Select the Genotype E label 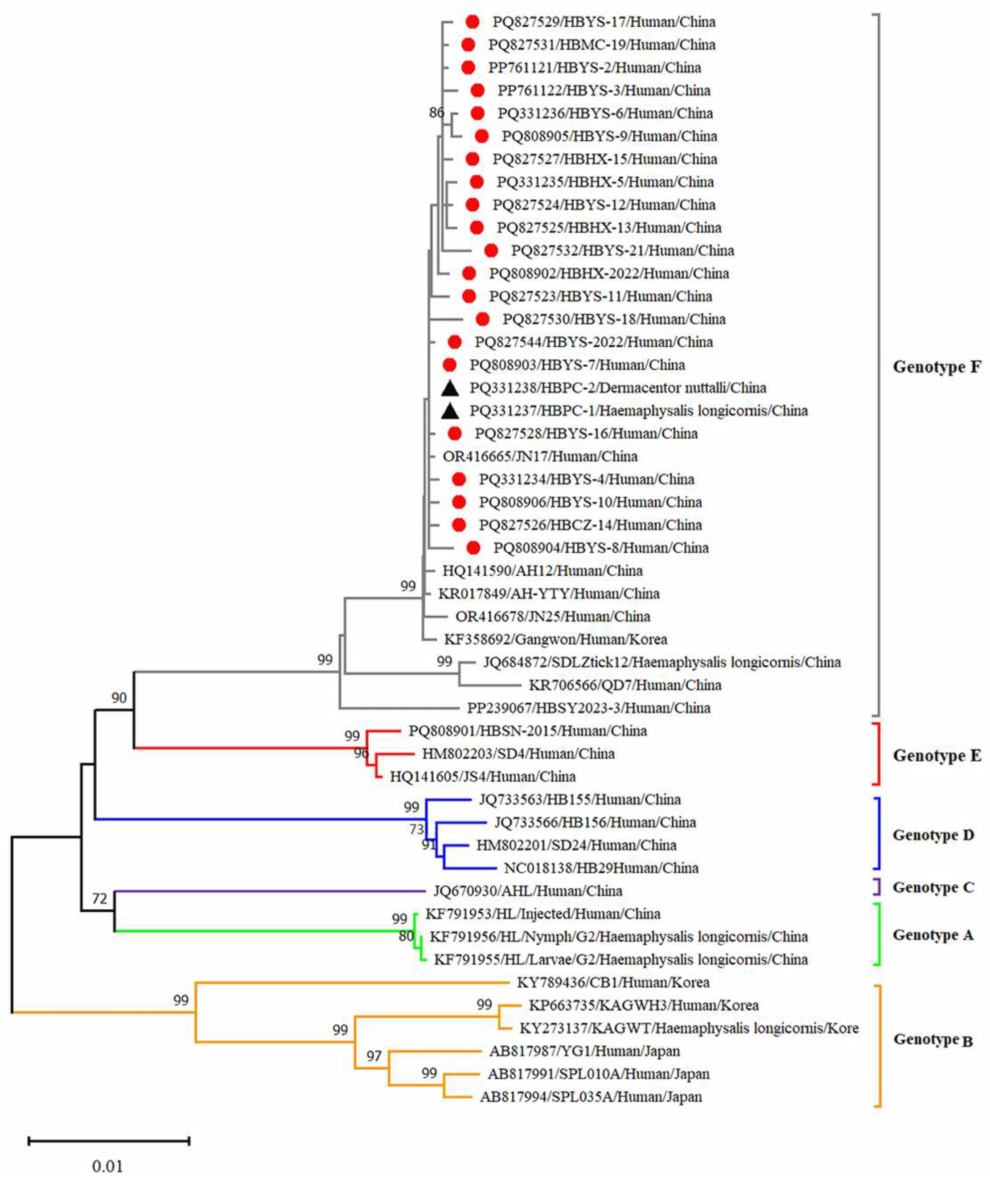(937, 755)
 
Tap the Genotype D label (933, 835)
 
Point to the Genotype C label (933, 887)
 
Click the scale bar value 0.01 (107, 1166)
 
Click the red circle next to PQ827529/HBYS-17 (472, 22)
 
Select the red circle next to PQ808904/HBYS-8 (474, 548)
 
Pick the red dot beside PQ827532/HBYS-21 (491, 250)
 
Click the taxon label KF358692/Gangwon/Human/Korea (555, 640)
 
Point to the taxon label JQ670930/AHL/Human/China (528, 891)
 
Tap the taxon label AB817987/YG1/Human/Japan (584, 1051)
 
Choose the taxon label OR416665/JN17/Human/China (540, 456)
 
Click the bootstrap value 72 (99, 899)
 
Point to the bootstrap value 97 (374, 1056)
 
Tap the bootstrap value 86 (436, 113)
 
